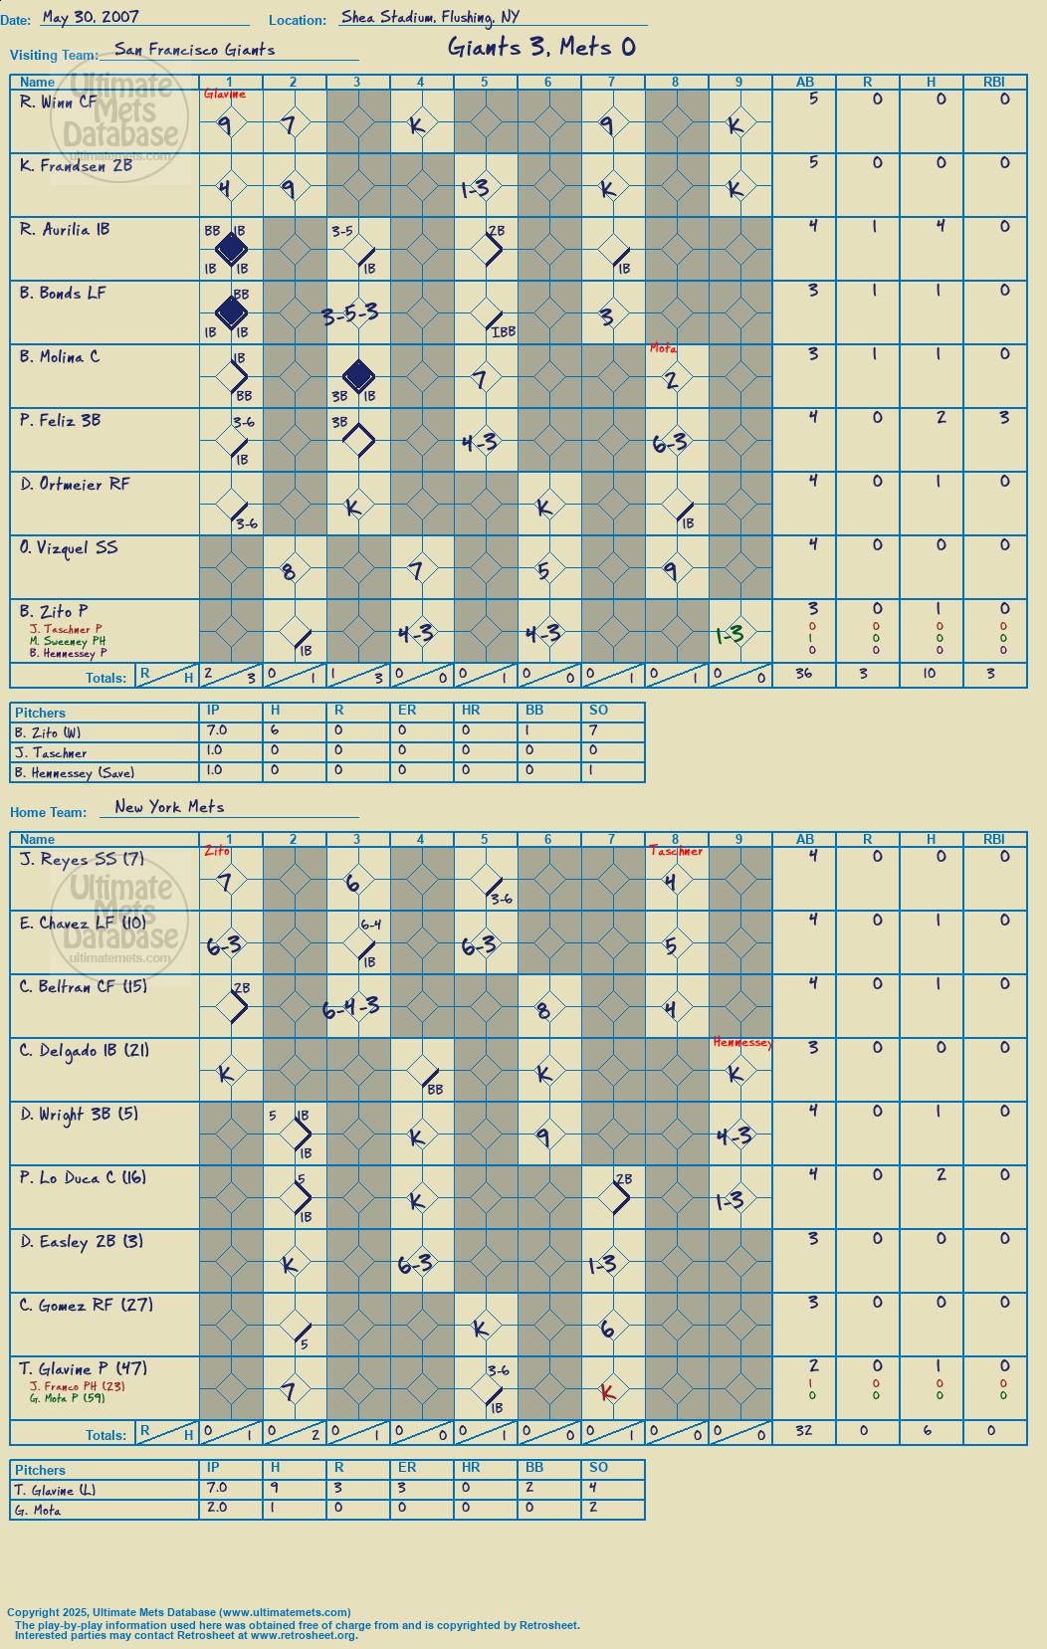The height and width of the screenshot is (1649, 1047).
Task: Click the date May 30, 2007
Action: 91,17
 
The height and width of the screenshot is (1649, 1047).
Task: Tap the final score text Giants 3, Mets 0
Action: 541,48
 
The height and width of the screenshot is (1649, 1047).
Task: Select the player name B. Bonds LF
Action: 63,293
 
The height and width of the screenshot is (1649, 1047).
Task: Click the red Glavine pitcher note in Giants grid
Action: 225,95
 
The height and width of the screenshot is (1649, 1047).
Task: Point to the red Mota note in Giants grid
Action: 663,349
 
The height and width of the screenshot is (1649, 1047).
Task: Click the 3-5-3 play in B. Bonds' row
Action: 350,314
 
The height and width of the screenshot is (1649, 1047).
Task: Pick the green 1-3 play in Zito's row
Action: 730,634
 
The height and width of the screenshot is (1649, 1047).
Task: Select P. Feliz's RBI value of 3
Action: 1004,417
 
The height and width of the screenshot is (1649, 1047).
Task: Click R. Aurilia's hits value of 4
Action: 941,226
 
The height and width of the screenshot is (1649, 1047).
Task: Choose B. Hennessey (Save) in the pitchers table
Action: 75,773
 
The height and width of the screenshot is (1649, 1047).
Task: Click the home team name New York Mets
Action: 169,807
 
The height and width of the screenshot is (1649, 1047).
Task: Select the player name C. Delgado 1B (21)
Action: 84,1051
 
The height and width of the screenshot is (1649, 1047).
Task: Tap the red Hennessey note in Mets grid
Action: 742,1042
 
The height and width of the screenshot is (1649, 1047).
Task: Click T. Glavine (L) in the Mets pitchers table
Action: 55,1490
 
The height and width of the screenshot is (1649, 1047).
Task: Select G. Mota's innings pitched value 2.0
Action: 217,1507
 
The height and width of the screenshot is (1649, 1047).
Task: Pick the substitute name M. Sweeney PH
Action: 68,641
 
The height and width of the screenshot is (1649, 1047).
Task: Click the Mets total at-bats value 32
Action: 804,1430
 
